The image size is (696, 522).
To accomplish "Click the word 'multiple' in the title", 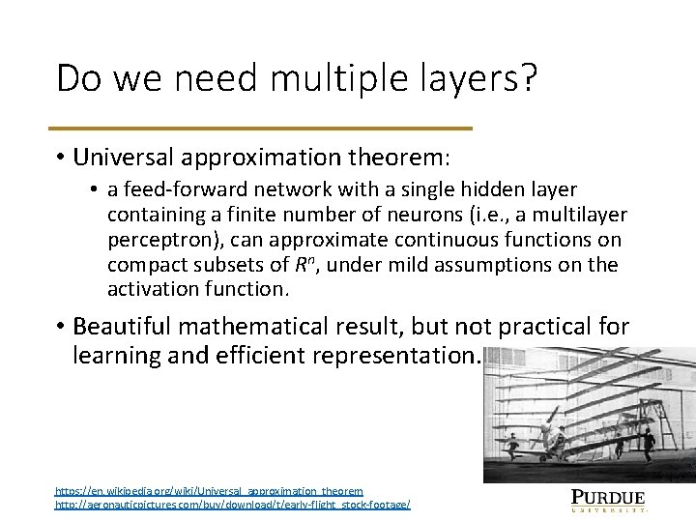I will click(319, 78).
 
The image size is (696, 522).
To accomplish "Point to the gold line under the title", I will click(264, 128).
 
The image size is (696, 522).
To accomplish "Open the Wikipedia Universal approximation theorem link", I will click(208, 491).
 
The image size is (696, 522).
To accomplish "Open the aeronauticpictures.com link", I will click(232, 506).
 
